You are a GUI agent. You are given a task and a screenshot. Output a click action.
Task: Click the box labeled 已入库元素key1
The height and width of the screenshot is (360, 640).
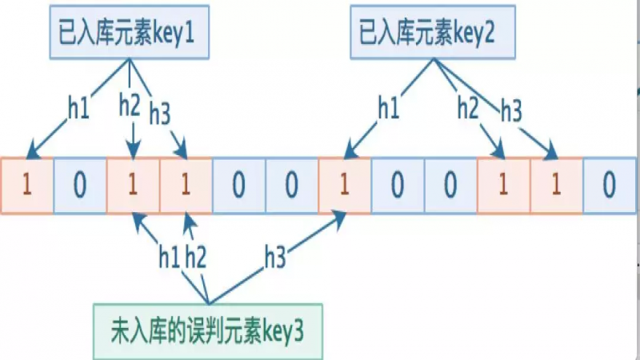tap(128, 36)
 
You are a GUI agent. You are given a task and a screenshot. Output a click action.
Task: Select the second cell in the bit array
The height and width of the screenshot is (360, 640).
tap(79, 186)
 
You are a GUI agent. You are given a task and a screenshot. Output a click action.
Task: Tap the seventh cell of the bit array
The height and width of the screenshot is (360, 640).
tap(344, 186)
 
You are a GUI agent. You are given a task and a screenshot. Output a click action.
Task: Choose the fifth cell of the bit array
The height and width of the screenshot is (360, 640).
tap(238, 186)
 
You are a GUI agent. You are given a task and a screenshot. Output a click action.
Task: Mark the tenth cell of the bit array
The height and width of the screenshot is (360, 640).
tap(503, 186)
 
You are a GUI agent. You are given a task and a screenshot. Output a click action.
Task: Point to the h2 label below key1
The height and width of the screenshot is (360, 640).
tap(130, 103)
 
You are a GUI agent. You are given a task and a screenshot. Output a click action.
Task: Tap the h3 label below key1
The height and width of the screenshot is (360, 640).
tap(160, 114)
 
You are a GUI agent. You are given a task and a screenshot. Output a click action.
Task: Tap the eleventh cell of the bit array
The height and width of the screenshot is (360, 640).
tap(556, 186)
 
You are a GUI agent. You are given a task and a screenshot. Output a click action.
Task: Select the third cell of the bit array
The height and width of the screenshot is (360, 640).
tap(132, 186)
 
